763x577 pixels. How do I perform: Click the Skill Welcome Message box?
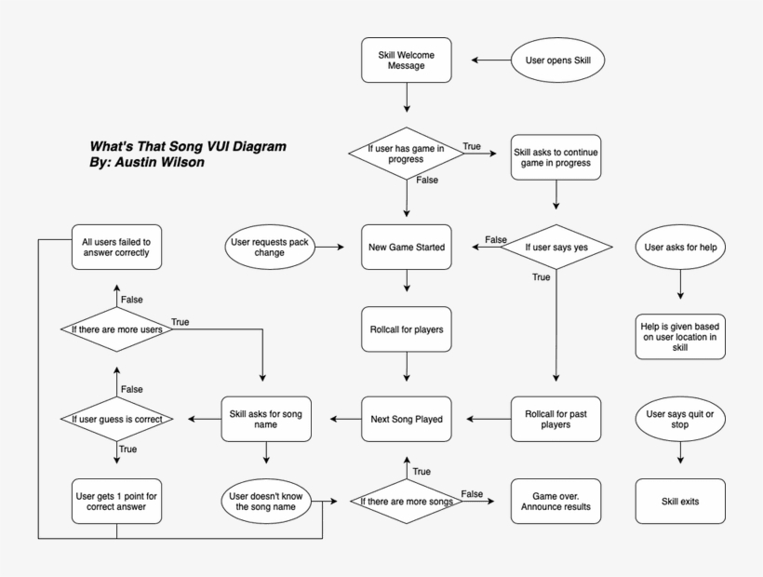(406, 60)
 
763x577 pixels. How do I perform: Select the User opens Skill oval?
(558, 60)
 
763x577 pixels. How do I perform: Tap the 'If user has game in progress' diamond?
(406, 153)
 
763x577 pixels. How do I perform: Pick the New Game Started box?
(406, 247)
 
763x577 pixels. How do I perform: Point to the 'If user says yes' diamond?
(556, 247)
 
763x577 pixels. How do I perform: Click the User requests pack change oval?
(269, 247)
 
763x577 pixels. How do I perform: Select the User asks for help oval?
(680, 247)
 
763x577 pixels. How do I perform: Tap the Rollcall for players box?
(406, 329)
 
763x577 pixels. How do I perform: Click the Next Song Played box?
(406, 419)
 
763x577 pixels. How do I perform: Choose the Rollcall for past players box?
(556, 419)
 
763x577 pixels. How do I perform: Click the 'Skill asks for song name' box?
(266, 419)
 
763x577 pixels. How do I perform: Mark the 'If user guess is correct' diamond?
(117, 419)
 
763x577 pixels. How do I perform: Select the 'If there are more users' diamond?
(117, 329)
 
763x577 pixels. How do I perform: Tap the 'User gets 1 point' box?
(117, 502)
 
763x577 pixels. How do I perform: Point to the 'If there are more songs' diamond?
(406, 502)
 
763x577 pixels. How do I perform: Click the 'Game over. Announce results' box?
(556, 502)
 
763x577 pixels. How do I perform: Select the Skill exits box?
(680, 502)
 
